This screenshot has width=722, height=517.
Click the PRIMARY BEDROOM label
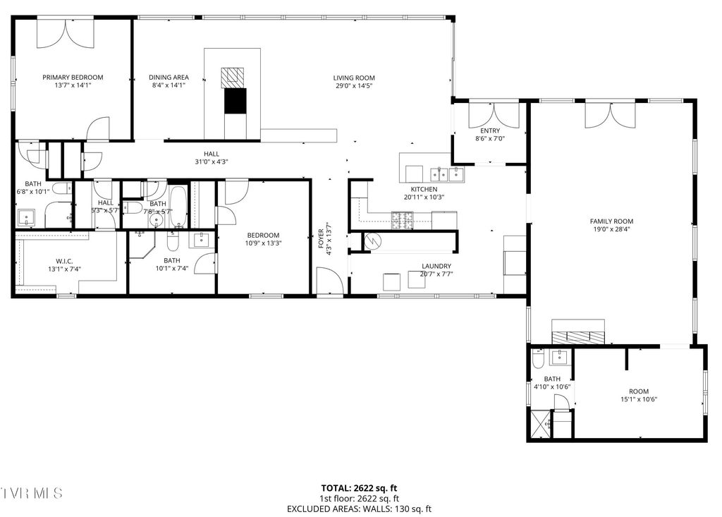pyautogui.click(x=73, y=78)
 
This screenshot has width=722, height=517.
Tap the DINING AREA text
pyautogui.click(x=169, y=78)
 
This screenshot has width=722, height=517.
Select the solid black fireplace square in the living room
pyautogui.click(x=235, y=101)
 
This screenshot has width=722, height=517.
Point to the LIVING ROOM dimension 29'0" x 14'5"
pyautogui.click(x=355, y=86)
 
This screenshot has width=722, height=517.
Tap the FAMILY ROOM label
pyautogui.click(x=611, y=221)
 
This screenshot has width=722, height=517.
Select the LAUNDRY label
pyautogui.click(x=436, y=266)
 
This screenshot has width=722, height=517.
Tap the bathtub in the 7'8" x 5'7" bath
pyautogui.click(x=178, y=205)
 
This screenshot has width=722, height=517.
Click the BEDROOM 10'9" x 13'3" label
pyautogui.click(x=263, y=236)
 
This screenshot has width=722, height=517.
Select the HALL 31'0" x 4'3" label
pyautogui.click(x=212, y=154)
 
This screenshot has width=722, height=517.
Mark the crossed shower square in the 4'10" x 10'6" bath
pyautogui.click(x=540, y=425)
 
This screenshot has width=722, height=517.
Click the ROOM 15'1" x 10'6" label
pyautogui.click(x=639, y=391)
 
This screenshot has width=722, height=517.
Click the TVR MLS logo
pyautogui.click(x=32, y=492)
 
